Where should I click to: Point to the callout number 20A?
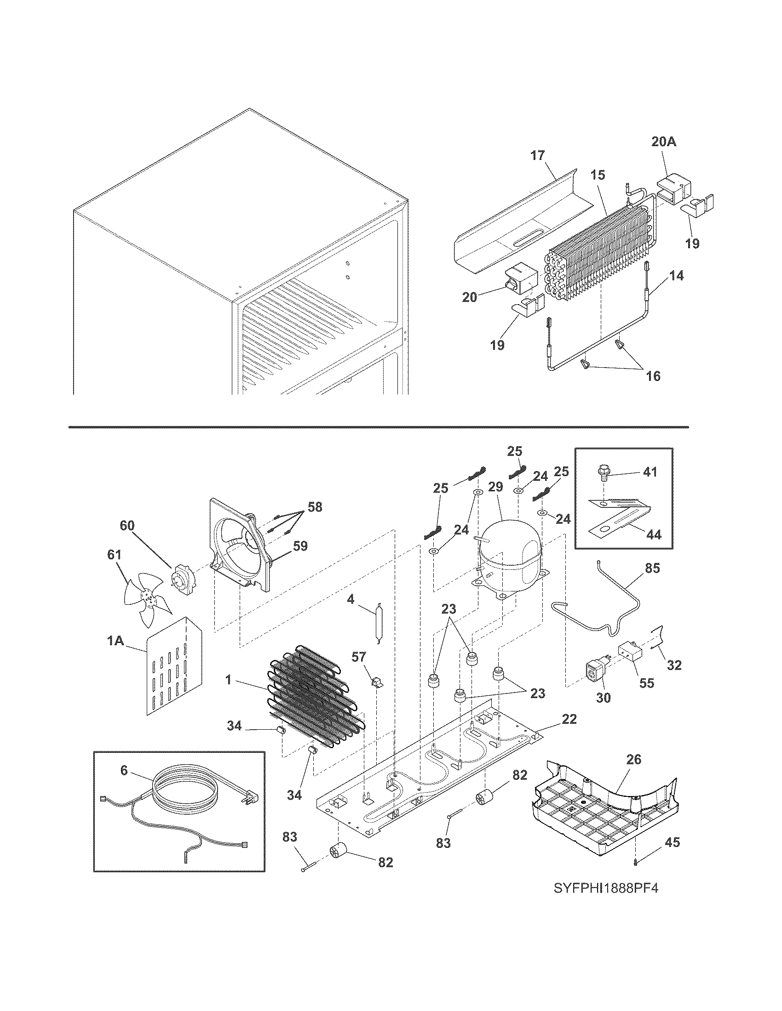click(664, 142)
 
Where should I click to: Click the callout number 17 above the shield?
click(537, 155)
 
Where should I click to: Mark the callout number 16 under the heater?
click(653, 376)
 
